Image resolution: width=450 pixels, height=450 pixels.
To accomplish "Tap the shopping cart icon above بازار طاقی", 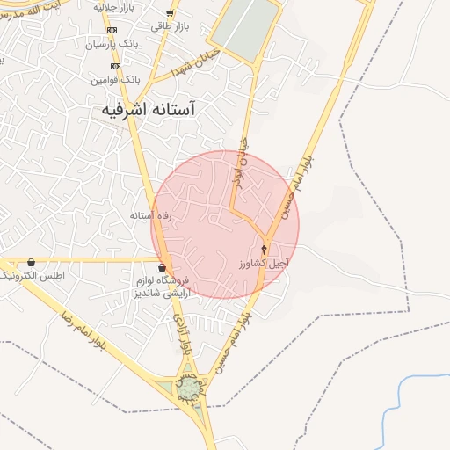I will click(x=170, y=13).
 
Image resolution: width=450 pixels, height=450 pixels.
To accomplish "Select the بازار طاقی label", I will click(x=170, y=26).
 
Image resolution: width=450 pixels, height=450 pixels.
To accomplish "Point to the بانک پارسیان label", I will click(x=112, y=43).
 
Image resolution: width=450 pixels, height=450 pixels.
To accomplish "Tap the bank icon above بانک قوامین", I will click(x=114, y=66).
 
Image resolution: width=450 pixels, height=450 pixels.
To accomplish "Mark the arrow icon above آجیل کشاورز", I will click(x=264, y=250).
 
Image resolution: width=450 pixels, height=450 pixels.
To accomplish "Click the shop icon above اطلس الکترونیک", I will click(x=32, y=262).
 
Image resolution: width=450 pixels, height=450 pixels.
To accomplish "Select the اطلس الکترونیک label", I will click(x=30, y=276).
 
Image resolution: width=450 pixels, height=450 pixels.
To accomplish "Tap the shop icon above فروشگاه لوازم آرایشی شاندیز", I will click(x=161, y=267).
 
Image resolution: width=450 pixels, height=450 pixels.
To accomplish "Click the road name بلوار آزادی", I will click(x=182, y=334).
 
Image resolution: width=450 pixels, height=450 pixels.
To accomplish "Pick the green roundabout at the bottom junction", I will click(x=189, y=388).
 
